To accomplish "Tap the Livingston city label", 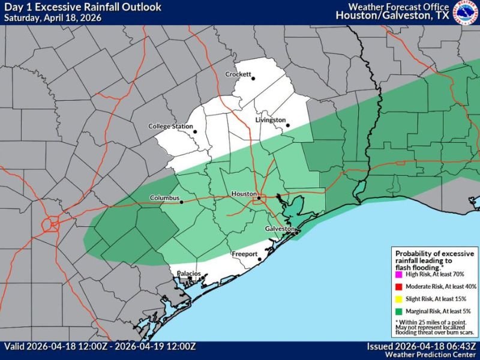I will coord(270,120).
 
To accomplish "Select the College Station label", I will coord(170,127).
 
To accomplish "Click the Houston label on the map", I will coord(244,195).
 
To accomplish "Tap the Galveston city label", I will coord(280,229).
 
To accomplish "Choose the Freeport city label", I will coord(244,255).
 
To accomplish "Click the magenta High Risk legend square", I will coord(398,274).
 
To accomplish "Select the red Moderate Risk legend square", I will coord(398,287).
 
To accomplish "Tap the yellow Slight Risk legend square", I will coord(398,299).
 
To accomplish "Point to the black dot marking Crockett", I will coord(253,79).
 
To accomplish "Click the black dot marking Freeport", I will coord(259,260).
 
